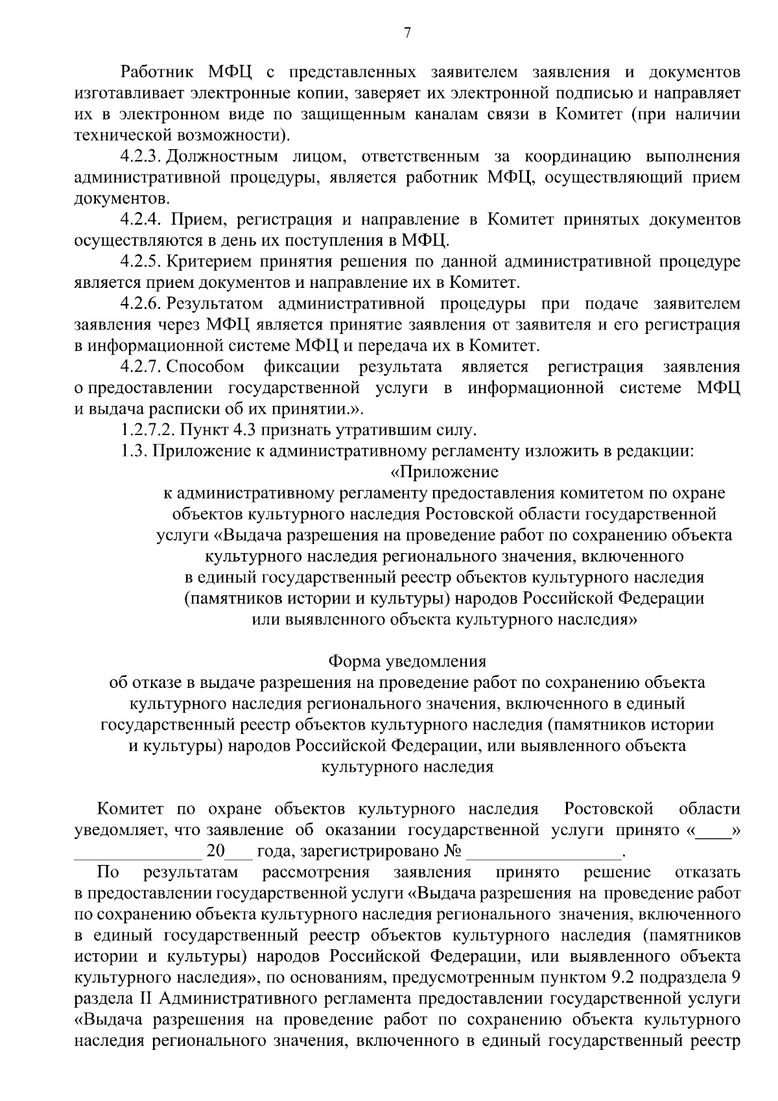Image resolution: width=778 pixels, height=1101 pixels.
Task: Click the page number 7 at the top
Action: [407, 34]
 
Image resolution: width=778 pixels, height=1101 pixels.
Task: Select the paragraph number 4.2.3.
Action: [140, 156]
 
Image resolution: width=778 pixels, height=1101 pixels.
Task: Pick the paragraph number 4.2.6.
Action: [140, 303]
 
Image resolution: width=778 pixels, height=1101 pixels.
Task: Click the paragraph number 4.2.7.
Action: [140, 367]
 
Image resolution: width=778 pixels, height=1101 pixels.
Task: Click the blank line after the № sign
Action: [543, 850]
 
